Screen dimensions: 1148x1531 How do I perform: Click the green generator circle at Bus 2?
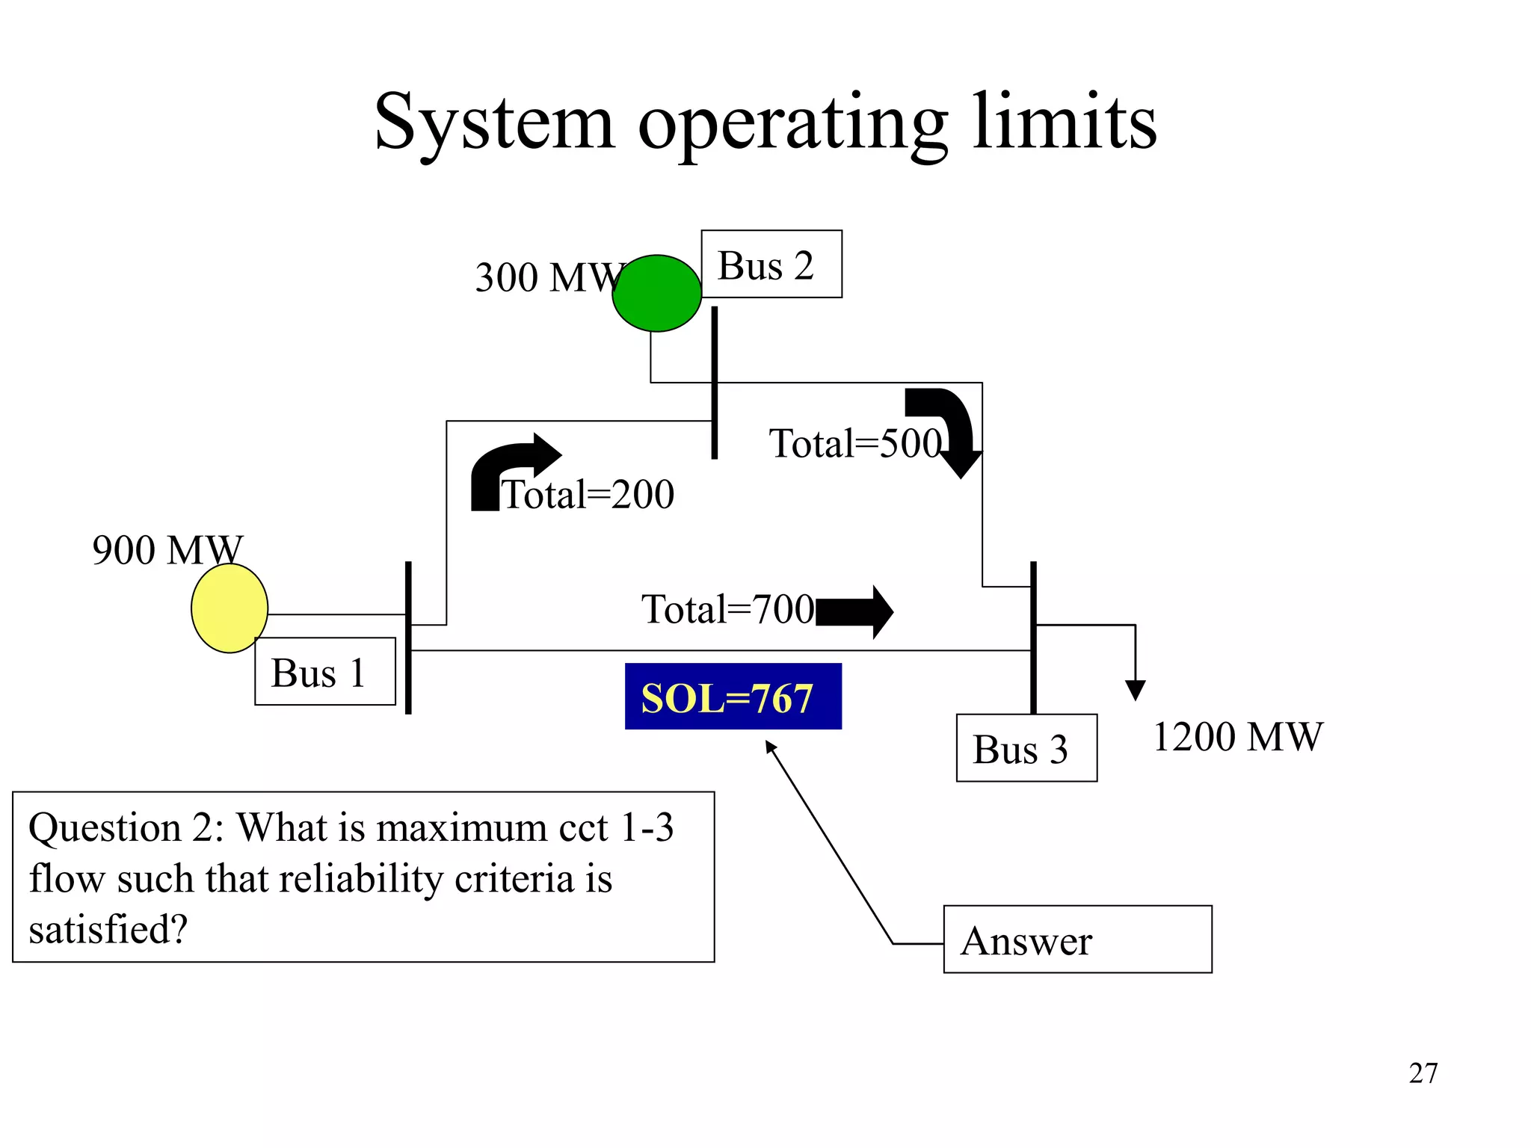(656, 293)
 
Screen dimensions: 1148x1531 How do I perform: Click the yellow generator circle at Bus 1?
(229, 608)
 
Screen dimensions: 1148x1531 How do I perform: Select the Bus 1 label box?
(324, 671)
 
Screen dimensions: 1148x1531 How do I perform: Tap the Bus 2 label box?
(771, 264)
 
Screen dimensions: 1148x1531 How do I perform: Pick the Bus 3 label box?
(1026, 747)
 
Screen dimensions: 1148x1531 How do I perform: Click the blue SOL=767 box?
(733, 697)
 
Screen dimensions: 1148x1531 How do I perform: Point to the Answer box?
(1076, 939)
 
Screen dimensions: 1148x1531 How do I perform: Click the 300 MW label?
(549, 277)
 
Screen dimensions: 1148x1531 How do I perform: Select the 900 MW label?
(167, 549)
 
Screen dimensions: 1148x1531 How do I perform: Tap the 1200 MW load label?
(1237, 736)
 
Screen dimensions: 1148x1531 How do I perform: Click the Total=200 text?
(588, 495)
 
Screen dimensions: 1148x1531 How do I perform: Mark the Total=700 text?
(727, 609)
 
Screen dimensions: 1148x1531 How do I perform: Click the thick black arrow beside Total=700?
(854, 612)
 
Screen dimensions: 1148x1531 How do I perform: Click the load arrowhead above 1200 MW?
(1135, 689)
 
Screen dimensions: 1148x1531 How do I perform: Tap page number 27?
(1423, 1073)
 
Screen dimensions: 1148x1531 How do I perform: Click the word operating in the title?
(793, 123)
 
